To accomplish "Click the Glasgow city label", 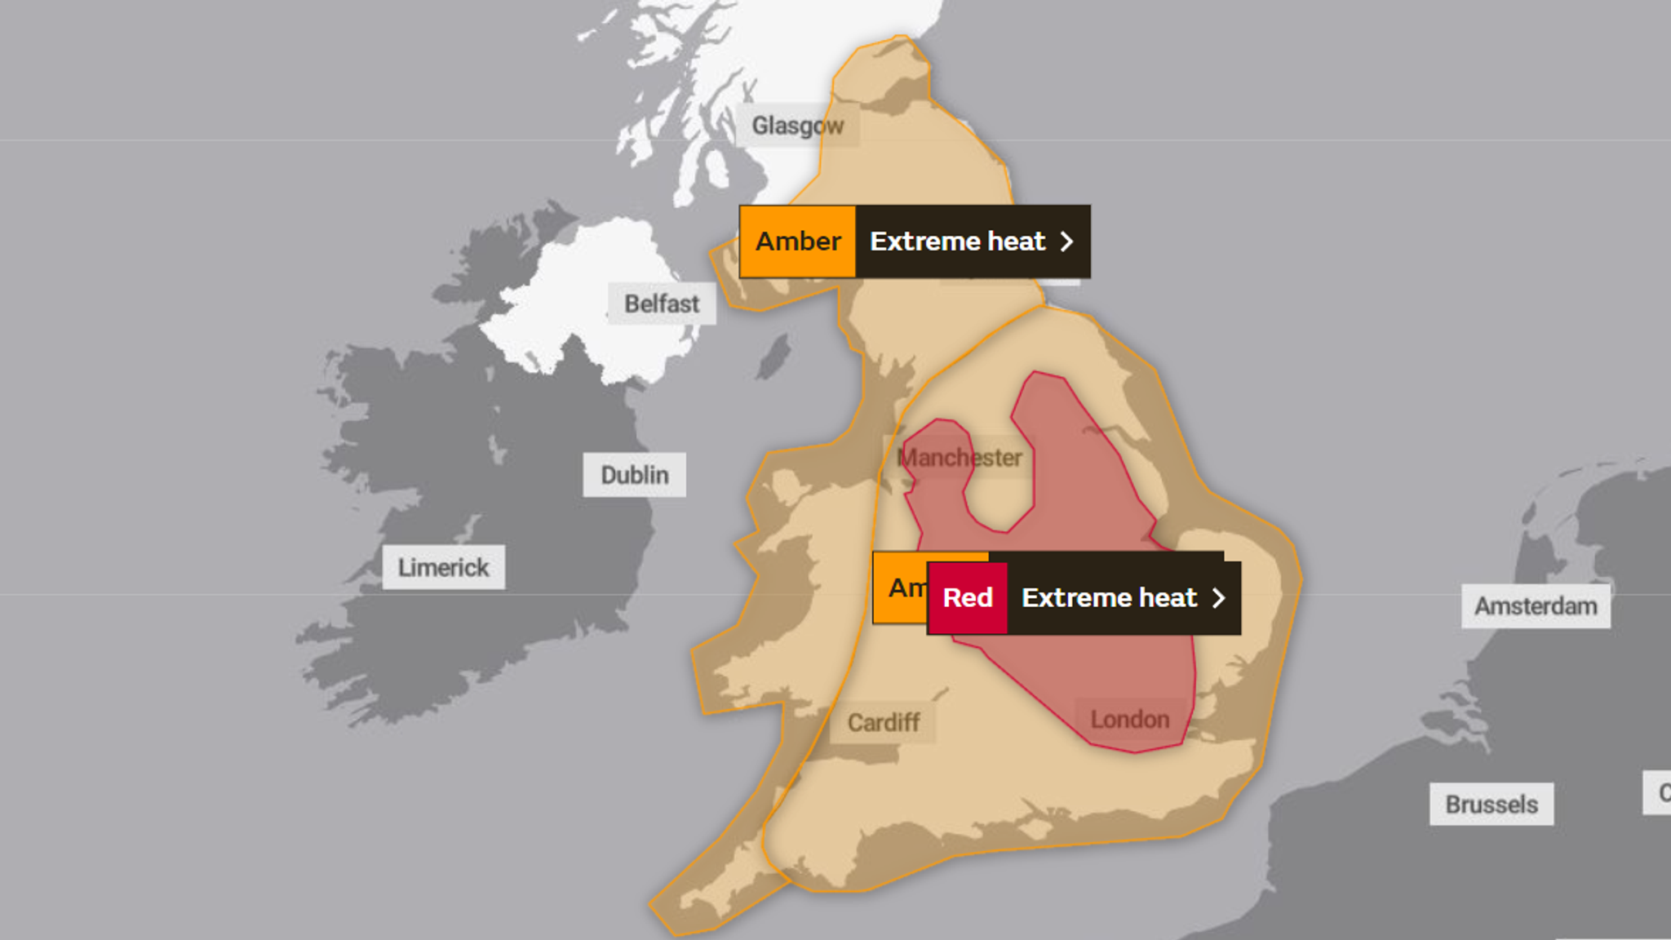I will (x=797, y=126).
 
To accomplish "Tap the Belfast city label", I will (x=662, y=304).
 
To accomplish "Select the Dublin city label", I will (x=634, y=475).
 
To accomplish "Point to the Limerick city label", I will (x=443, y=567).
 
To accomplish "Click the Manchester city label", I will (x=960, y=458).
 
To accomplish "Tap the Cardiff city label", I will (x=883, y=722).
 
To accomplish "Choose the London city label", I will (x=1130, y=720).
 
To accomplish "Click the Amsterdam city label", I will (x=1536, y=606).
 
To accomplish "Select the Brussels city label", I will (x=1491, y=805).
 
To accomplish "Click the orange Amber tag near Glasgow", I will (x=797, y=242).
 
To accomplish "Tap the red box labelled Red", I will (x=968, y=598).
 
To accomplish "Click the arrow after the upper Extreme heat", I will (x=1066, y=242).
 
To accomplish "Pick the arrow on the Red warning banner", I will (x=1219, y=598).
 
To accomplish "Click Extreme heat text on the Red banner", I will (x=1110, y=598).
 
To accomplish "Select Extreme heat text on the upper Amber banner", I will (x=957, y=242).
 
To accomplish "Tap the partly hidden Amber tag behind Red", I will (x=899, y=587).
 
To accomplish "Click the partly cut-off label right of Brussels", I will (x=1660, y=791).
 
